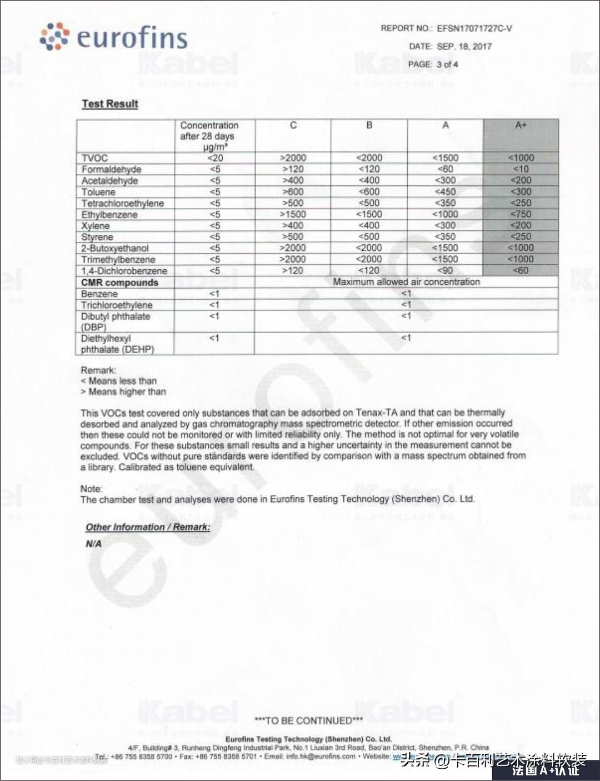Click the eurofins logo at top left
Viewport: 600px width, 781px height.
114,37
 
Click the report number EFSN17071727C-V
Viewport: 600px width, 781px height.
474,28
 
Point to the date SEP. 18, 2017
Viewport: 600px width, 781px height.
464,46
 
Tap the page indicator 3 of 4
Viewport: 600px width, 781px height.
447,64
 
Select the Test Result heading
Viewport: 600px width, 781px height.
110,104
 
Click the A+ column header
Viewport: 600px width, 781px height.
521,126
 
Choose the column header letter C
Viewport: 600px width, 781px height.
293,126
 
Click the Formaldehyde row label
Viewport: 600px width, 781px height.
111,169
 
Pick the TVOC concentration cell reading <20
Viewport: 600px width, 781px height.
215,158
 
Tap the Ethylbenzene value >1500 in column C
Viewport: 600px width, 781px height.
293,214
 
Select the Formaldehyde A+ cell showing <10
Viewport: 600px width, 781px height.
521,169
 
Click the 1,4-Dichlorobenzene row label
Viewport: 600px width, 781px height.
124,271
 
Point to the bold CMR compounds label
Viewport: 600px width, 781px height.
119,283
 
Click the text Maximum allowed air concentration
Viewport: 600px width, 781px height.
406,282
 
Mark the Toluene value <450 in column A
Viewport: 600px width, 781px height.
445,192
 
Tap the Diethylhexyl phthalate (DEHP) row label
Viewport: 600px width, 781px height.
117,344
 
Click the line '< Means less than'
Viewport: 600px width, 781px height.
119,381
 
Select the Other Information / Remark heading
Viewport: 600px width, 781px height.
148,527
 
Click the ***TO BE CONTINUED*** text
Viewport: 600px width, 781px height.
308,721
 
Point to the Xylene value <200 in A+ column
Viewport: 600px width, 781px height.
521,225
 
